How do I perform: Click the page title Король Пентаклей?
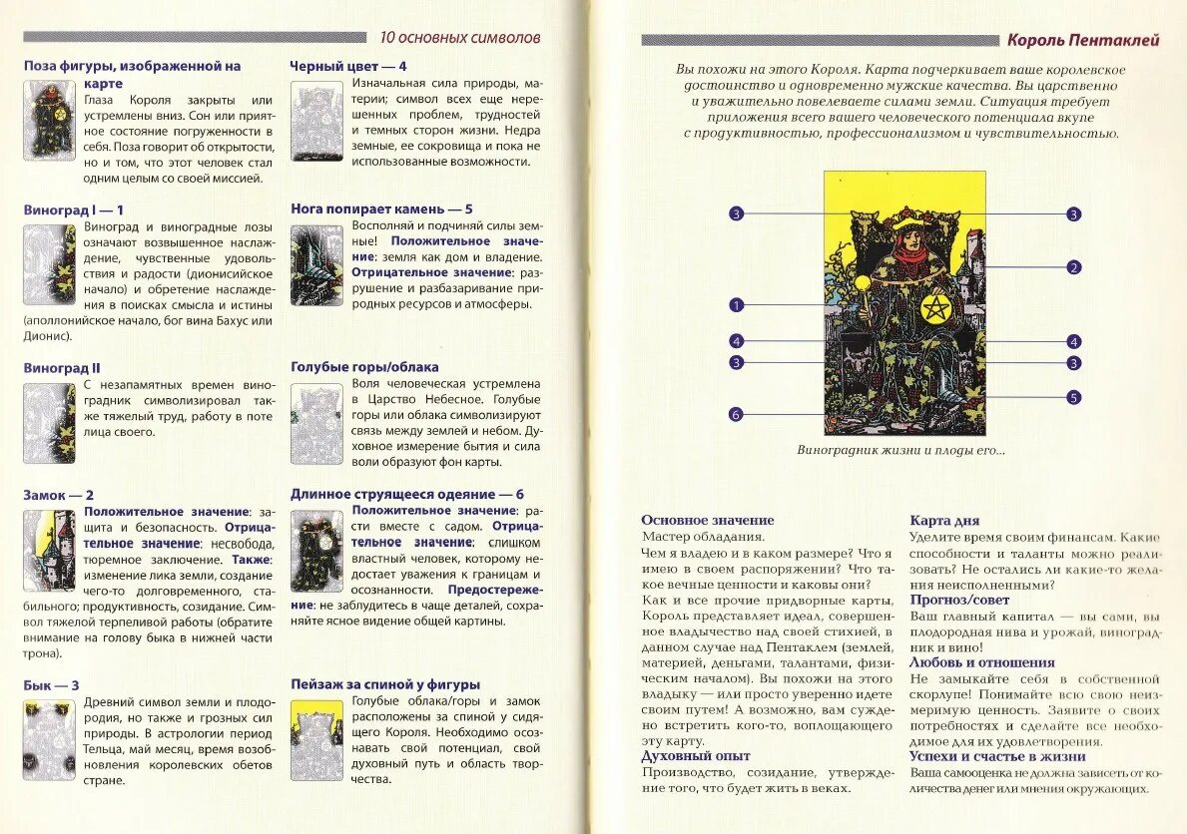coord(1082,41)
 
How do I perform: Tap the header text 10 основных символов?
coord(460,37)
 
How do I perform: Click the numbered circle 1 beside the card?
coord(737,305)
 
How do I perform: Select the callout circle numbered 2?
coord(1074,267)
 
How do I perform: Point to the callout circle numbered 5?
coord(1074,397)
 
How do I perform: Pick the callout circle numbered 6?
coord(737,415)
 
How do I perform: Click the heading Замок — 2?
coord(59,495)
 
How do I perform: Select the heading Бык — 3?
coord(52,685)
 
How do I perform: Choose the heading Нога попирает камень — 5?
coord(381,209)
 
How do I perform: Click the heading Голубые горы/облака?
coord(364,367)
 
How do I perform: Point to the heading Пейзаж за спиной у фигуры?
coord(385,684)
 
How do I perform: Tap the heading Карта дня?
coord(944,521)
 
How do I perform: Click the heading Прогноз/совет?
coord(959,600)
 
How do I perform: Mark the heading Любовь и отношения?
coord(981,662)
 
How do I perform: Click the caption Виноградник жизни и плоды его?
coord(900,450)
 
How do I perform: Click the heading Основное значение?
coord(708,521)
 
